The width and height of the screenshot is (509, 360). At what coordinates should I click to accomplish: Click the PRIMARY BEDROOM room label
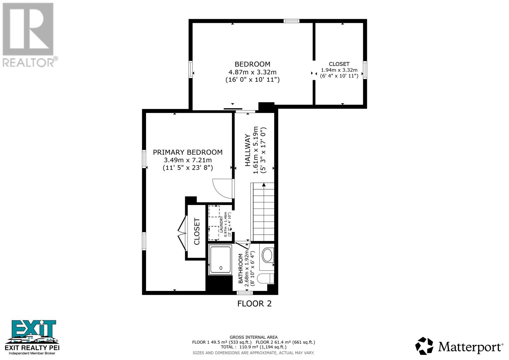click(x=188, y=152)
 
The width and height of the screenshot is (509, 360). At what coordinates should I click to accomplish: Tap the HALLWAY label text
click(x=247, y=150)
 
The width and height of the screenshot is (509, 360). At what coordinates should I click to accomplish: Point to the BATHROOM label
click(x=241, y=268)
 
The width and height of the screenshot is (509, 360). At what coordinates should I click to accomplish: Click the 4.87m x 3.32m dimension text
click(x=252, y=72)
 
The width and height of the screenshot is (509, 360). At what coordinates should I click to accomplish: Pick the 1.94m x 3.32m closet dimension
click(x=339, y=70)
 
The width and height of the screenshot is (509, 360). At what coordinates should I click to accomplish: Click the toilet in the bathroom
click(x=266, y=279)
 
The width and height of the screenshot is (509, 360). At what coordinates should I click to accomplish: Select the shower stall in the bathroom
click(x=220, y=259)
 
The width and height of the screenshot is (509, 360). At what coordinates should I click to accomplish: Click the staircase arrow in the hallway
click(x=263, y=185)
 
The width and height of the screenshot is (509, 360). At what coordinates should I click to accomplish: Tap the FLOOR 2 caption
click(x=254, y=304)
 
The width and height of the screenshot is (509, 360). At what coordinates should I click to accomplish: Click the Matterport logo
click(x=459, y=346)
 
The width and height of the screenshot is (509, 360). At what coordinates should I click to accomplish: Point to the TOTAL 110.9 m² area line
click(x=253, y=347)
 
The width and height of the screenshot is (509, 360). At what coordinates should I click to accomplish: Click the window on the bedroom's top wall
click(x=291, y=21)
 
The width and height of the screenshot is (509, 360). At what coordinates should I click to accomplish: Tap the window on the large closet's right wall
click(x=365, y=70)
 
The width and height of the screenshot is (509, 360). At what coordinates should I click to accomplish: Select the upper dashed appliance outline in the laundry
click(x=214, y=212)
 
